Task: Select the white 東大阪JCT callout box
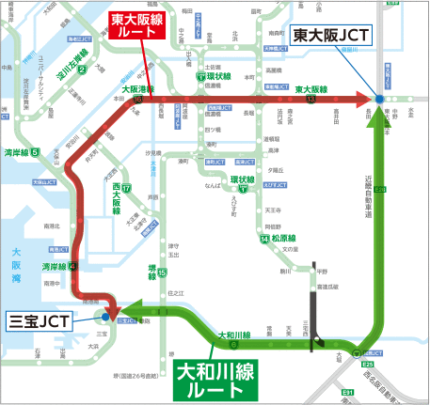331,37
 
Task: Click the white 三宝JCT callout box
36,320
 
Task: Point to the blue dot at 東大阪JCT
379,99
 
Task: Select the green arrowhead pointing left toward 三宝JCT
131,313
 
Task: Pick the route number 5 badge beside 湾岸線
35,151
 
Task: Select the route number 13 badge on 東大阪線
310,99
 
